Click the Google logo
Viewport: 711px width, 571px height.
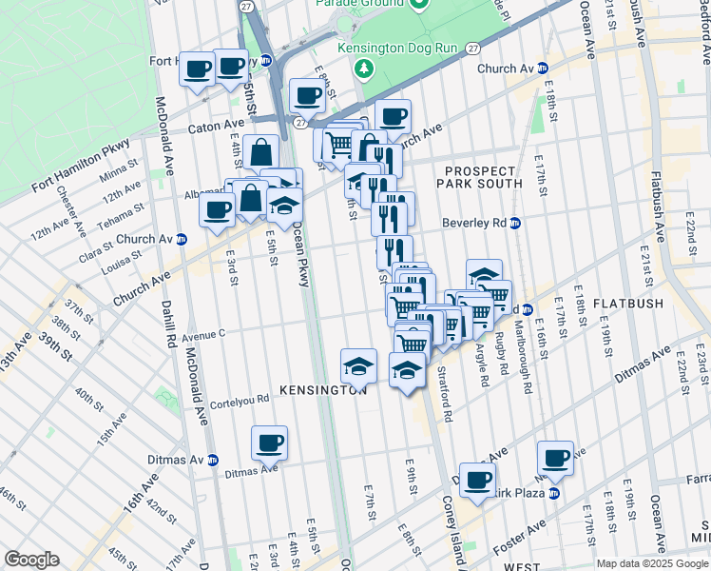point(31,560)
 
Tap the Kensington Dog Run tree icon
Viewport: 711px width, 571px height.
point(362,69)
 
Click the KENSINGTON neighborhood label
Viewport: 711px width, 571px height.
point(323,390)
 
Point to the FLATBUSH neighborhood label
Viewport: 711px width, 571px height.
point(627,304)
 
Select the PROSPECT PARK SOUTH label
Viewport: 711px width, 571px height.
point(482,176)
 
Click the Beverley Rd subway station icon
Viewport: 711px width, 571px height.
point(514,224)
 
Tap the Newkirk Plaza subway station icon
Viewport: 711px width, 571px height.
point(553,493)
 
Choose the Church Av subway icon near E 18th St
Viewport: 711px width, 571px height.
point(543,69)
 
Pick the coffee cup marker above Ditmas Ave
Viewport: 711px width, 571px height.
point(269,442)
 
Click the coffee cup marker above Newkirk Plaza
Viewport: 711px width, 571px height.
point(555,457)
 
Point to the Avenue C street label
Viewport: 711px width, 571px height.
point(202,334)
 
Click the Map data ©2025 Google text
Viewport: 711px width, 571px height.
point(652,563)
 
